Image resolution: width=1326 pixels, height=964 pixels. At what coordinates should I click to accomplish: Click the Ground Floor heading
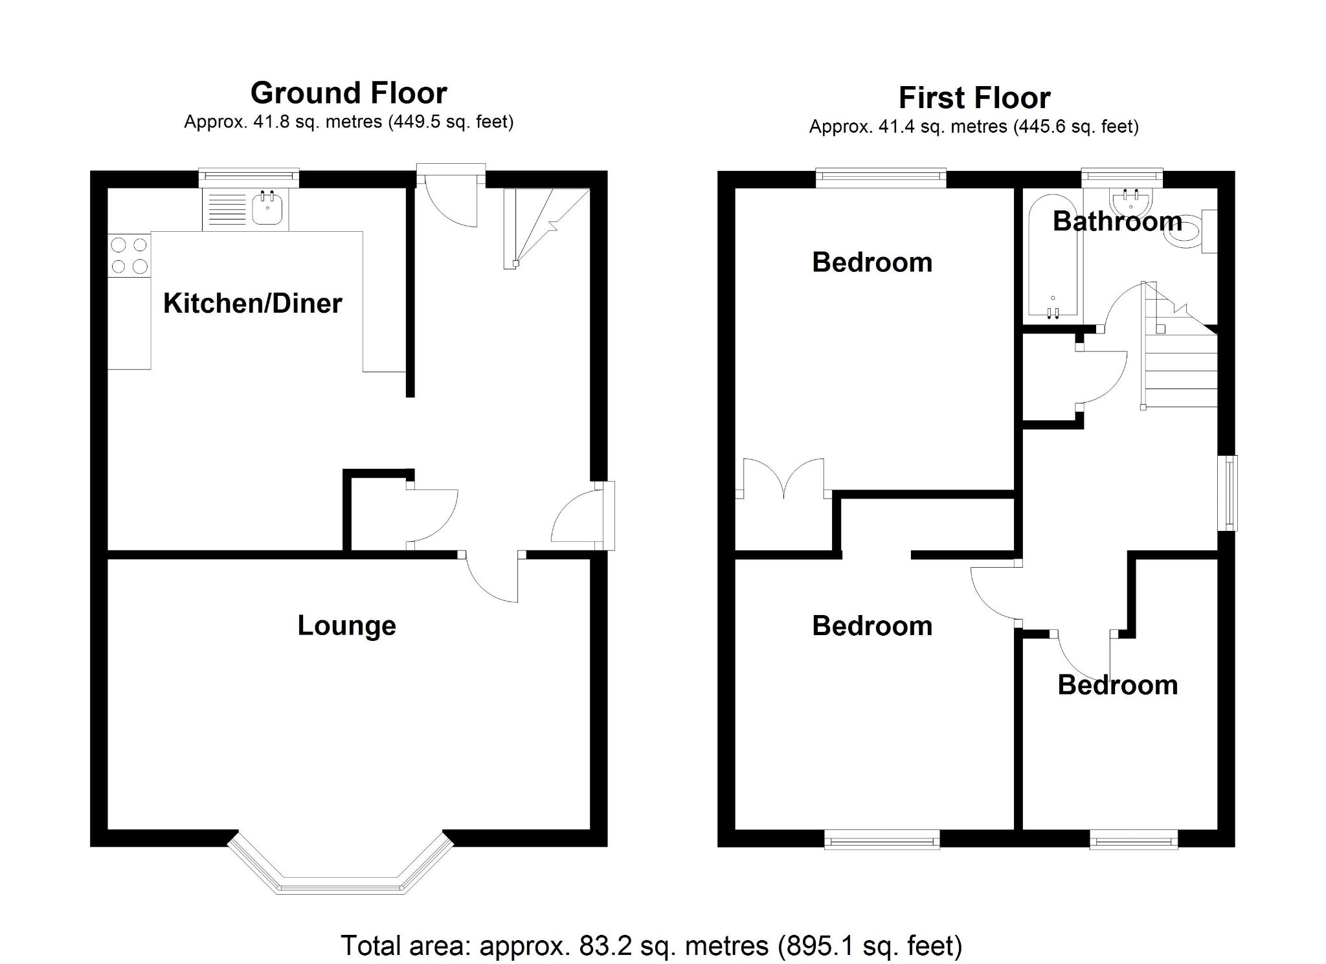tap(348, 93)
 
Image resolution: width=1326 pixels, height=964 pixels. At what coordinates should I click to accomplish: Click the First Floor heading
tap(974, 98)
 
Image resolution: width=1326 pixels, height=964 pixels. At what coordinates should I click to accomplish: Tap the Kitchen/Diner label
tap(253, 303)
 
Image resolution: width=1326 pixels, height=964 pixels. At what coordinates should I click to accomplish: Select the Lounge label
tap(346, 625)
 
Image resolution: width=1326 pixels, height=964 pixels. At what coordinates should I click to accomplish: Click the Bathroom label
tap(1117, 221)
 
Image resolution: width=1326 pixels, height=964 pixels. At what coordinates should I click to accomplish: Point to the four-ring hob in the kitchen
tap(129, 256)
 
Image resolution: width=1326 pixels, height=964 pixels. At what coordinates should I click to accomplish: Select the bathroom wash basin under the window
tap(1130, 201)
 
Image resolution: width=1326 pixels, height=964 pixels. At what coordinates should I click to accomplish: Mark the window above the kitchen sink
tap(249, 177)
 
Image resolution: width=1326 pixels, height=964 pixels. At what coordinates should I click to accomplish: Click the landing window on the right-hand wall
tap(1228, 493)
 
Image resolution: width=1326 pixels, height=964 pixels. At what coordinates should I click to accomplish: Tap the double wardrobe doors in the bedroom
tap(784, 479)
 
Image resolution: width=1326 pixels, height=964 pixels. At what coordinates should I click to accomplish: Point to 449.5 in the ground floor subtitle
tap(412, 122)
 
